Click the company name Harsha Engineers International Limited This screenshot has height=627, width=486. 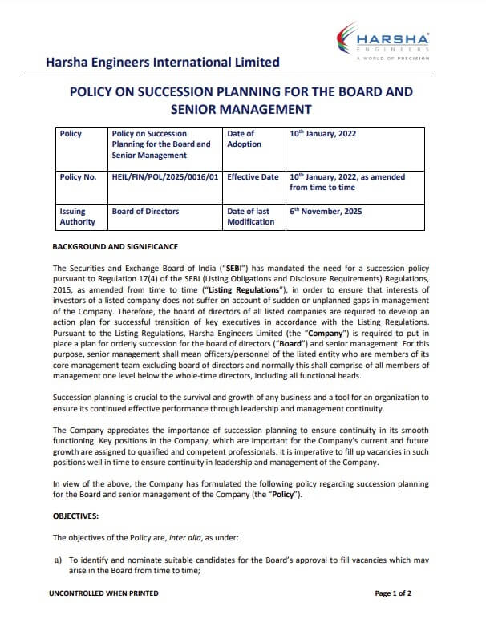tap(163, 62)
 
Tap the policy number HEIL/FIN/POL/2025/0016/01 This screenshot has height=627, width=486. tap(166, 177)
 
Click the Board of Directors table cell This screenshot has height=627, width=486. tap(146, 212)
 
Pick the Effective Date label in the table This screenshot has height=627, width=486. tap(253, 177)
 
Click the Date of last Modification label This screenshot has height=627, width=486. tap(251, 216)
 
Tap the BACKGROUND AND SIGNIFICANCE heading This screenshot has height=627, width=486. tap(115, 247)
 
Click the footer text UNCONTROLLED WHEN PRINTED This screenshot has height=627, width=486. tap(103, 593)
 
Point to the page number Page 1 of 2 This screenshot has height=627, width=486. tap(393, 593)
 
